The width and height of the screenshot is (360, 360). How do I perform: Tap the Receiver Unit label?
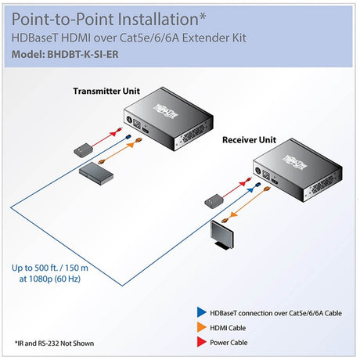pyautogui.click(x=247, y=140)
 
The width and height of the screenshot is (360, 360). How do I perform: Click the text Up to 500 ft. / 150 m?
pyautogui.click(x=60, y=266)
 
